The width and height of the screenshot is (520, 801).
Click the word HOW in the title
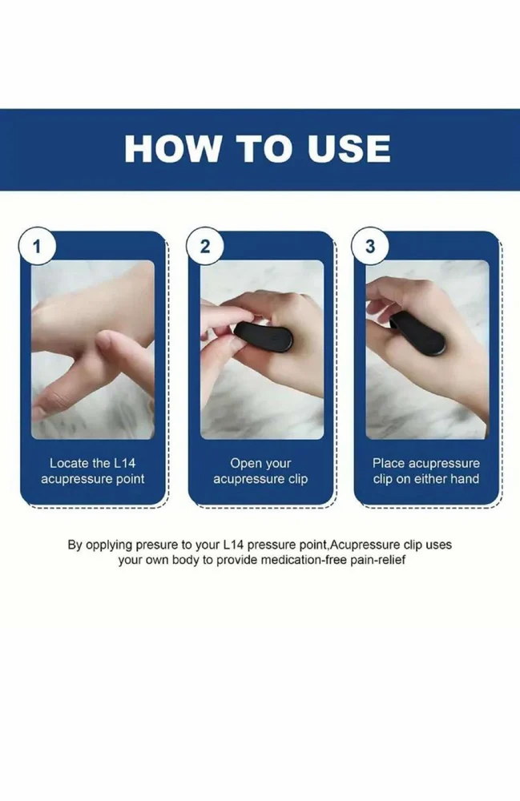(x=172, y=149)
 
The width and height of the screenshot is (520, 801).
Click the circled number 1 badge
(x=37, y=246)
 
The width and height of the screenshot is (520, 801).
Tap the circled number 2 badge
(x=205, y=246)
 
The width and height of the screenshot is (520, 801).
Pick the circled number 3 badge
(x=370, y=246)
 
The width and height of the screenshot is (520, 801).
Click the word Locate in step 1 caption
(x=68, y=463)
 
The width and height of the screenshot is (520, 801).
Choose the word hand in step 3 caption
(x=465, y=479)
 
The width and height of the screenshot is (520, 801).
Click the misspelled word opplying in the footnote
(x=109, y=545)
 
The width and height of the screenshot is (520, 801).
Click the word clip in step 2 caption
(x=298, y=480)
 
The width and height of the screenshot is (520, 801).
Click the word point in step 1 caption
(x=131, y=480)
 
